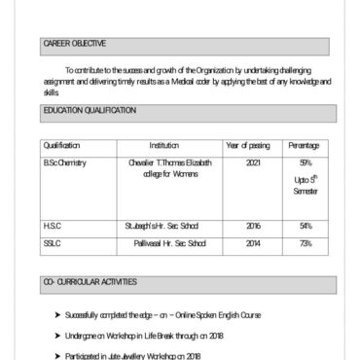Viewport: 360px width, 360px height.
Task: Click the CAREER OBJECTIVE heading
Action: point(75,44)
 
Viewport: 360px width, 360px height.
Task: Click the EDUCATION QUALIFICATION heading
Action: point(90,112)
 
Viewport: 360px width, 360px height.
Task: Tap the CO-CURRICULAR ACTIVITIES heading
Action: point(90,281)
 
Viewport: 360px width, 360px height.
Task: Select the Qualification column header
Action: point(62,146)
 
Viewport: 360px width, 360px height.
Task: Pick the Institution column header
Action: point(163,146)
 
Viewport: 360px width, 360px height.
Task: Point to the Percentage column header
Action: point(304,146)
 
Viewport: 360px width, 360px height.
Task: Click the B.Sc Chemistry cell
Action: point(65,162)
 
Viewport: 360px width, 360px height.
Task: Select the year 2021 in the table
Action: point(253,162)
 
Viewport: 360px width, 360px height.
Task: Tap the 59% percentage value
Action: point(306,162)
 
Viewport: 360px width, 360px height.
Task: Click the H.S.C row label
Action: point(53,226)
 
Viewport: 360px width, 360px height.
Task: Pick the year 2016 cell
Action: point(253,226)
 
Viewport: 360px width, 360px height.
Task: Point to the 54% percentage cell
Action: point(306,226)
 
